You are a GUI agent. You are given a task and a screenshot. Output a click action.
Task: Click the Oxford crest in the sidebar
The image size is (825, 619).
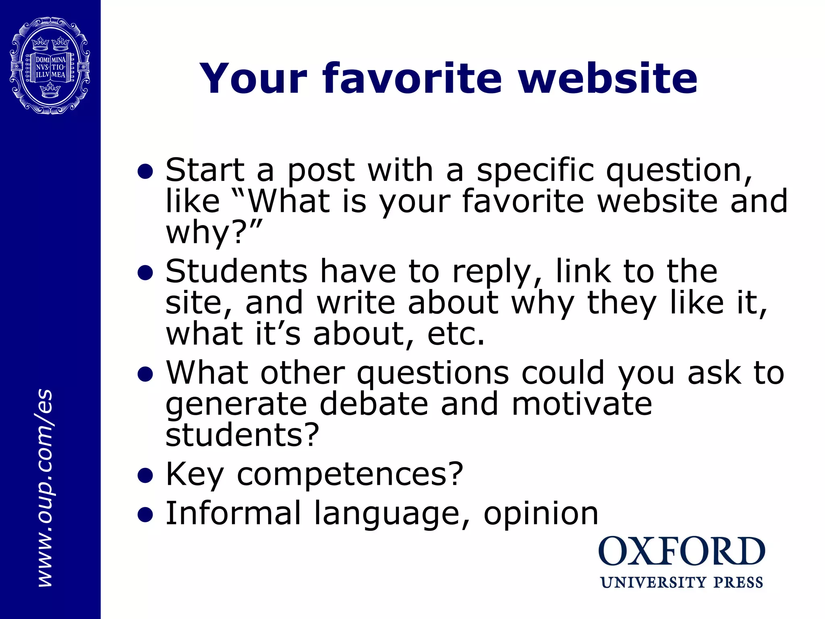(50, 66)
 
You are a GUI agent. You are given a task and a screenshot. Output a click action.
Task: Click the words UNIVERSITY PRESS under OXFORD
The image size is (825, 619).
(682, 583)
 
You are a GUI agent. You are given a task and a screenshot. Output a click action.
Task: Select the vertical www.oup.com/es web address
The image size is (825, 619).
(45, 488)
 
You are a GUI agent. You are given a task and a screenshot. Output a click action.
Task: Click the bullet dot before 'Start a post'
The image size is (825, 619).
(145, 172)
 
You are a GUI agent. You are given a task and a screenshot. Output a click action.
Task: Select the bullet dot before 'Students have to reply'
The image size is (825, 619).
(145, 273)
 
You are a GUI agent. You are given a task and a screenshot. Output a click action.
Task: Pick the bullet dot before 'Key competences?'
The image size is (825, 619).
(145, 476)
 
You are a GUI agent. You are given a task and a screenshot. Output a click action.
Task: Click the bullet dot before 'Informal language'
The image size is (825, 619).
(145, 515)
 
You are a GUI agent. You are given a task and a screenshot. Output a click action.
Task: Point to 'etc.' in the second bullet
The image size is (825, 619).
(456, 334)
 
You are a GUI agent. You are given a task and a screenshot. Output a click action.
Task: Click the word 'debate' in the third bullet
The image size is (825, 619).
(373, 404)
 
